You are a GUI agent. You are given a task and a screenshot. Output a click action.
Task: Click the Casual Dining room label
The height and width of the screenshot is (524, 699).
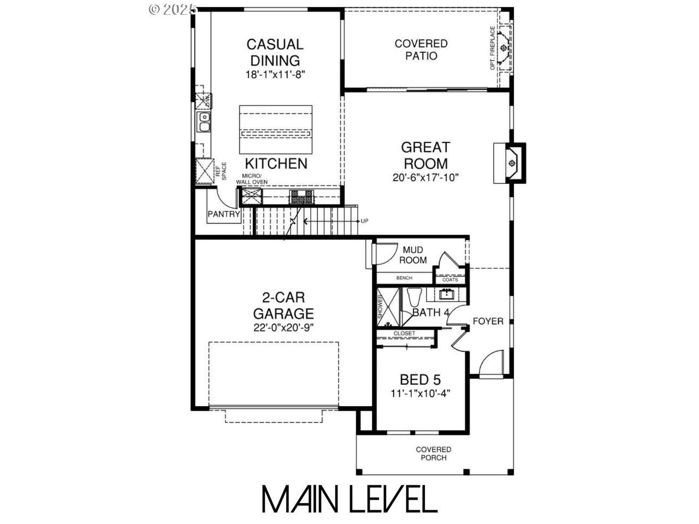tap(275, 52)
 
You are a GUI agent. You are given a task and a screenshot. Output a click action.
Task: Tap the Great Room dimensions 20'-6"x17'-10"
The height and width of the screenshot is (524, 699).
tap(425, 177)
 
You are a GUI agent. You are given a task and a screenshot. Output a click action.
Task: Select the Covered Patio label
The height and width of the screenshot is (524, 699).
tap(421, 49)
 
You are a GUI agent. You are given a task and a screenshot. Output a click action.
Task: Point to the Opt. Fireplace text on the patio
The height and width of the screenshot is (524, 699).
tap(493, 48)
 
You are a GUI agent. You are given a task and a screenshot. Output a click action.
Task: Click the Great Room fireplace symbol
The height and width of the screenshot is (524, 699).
tap(512, 163)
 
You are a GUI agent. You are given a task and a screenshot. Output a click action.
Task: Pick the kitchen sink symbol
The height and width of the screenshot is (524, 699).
tap(205, 122)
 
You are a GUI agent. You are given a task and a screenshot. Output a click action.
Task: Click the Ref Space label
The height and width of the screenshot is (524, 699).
tap(220, 172)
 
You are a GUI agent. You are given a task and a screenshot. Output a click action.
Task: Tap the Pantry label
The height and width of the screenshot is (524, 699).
tap(224, 215)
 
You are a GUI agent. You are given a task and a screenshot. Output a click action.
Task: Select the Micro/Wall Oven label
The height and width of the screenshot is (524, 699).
tap(251, 179)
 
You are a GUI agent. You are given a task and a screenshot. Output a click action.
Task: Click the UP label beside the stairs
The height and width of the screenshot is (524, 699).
tap(365, 221)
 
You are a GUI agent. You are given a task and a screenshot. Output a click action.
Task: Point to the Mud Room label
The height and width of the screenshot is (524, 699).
tap(413, 255)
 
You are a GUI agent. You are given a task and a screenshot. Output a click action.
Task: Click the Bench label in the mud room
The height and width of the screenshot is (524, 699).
tap(404, 278)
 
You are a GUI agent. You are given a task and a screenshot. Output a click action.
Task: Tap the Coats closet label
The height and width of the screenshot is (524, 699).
tap(450, 279)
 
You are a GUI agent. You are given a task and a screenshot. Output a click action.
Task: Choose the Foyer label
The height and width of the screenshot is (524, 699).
tap(488, 321)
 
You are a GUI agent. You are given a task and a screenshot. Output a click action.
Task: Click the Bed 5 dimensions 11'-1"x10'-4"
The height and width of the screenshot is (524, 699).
tap(420, 393)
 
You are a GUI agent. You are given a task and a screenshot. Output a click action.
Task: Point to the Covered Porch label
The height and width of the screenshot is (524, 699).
tap(433, 454)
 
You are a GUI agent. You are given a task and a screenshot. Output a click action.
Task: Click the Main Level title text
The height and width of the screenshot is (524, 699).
tap(349, 498)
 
